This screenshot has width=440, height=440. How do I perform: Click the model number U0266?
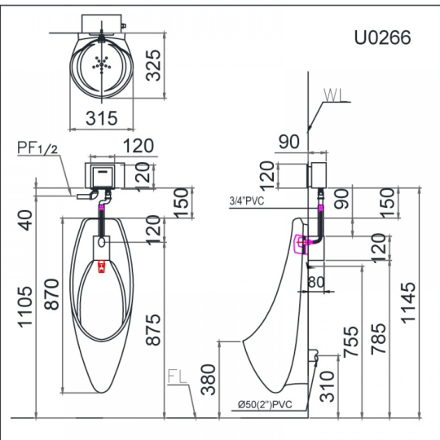pos(382,37)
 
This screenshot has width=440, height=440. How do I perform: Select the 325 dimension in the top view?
pos(153,65)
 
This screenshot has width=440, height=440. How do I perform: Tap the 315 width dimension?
pos(101,118)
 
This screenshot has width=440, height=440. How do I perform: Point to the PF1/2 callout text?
pos(37,147)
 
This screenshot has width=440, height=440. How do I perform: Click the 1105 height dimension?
pos(25,306)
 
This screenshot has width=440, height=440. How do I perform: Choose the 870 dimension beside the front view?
pos(52,294)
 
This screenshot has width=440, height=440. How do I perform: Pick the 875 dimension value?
pos(153,329)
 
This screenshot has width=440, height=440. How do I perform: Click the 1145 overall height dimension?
pos(408,303)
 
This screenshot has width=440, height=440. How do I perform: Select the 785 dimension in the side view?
pos(379,339)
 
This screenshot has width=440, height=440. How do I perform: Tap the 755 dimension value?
pos(350,341)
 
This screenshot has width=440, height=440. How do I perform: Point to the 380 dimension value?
pos(209,380)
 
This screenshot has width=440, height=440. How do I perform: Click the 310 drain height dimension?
pos(328,386)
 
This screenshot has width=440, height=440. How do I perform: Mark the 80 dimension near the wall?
pos(316,282)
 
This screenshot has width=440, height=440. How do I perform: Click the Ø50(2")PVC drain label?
pos(265,404)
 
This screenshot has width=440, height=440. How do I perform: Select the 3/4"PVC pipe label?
pos(247,200)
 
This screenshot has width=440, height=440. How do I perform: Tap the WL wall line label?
pos(333,95)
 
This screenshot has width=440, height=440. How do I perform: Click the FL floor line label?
pos(178,376)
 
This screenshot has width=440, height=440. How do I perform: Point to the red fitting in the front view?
pos(101,266)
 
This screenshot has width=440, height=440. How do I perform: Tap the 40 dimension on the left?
pos(26,220)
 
